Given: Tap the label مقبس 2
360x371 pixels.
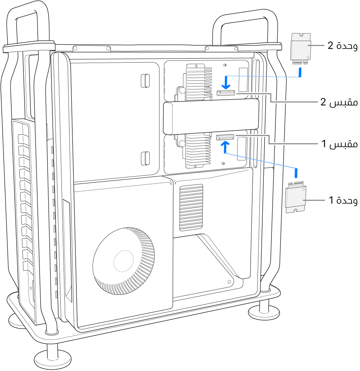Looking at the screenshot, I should pos(339,102).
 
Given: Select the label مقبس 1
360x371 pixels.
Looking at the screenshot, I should pos(340,144).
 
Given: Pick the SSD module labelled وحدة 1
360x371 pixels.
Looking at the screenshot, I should pos(296,198).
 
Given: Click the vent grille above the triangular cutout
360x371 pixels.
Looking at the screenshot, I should pos(191,207).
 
